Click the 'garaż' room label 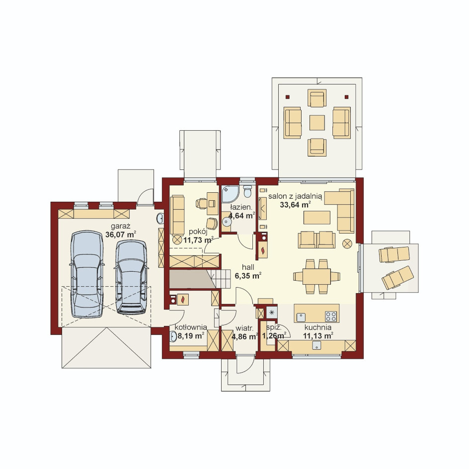point(121,227)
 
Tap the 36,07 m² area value point(121,234)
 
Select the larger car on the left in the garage point(87,274)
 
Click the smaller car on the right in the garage point(131,277)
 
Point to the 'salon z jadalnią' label point(295,197)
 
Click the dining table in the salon point(316,276)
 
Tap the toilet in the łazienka point(247,191)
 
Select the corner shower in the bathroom point(230,194)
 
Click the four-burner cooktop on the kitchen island point(331,316)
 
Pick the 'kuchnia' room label point(318,327)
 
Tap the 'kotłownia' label point(191,327)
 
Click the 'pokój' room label point(198,232)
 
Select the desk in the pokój point(212,203)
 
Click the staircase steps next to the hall point(221,279)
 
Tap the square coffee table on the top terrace point(317,123)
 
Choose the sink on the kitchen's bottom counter point(317,345)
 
